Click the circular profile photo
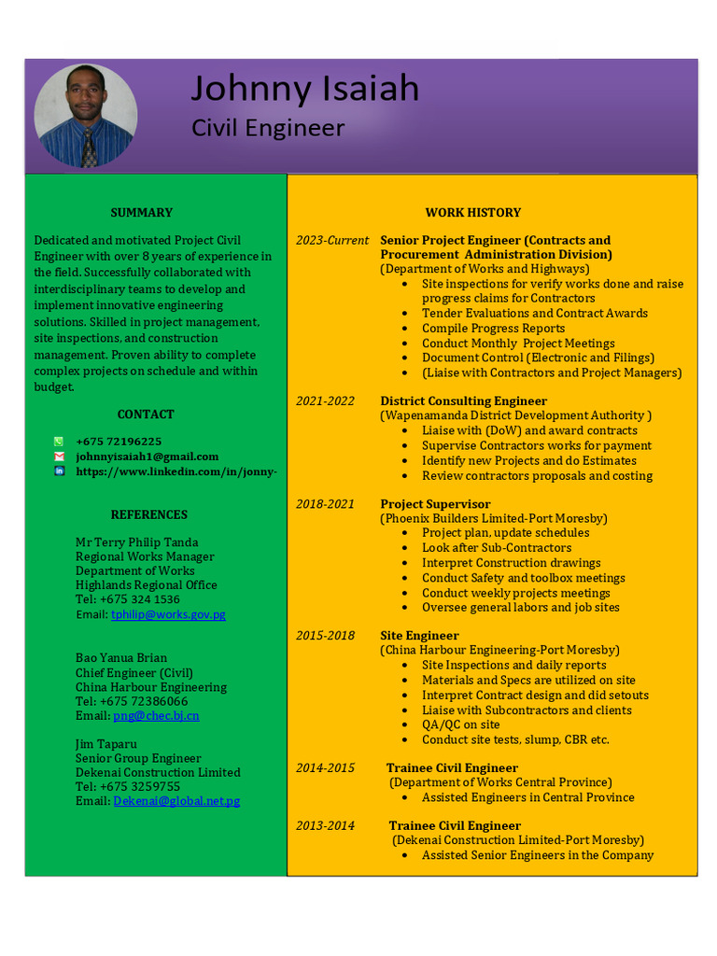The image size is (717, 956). [x=86, y=116]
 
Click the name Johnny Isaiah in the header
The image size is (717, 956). [x=305, y=89]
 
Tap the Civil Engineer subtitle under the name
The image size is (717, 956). [x=268, y=128]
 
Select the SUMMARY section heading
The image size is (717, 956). [x=141, y=213]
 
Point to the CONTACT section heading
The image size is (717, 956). [x=146, y=415]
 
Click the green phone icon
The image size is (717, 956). [x=59, y=442]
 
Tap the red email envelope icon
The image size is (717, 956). [x=59, y=457]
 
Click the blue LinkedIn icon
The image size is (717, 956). [x=59, y=471]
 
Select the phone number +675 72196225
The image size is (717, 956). [x=119, y=442]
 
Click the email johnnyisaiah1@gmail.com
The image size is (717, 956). [x=147, y=457]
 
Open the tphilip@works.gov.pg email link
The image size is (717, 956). [x=168, y=614]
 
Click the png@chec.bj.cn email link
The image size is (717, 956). [x=156, y=716]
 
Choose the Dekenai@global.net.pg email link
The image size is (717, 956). [x=176, y=801]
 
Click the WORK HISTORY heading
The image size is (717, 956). [x=473, y=213]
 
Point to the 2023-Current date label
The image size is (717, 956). [x=332, y=241]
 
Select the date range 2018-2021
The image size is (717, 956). [x=325, y=504]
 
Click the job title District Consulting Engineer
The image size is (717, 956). [x=463, y=401]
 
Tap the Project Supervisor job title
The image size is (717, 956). [x=435, y=504]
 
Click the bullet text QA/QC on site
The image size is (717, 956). [x=460, y=724]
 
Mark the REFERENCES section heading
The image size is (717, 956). [x=149, y=514]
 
